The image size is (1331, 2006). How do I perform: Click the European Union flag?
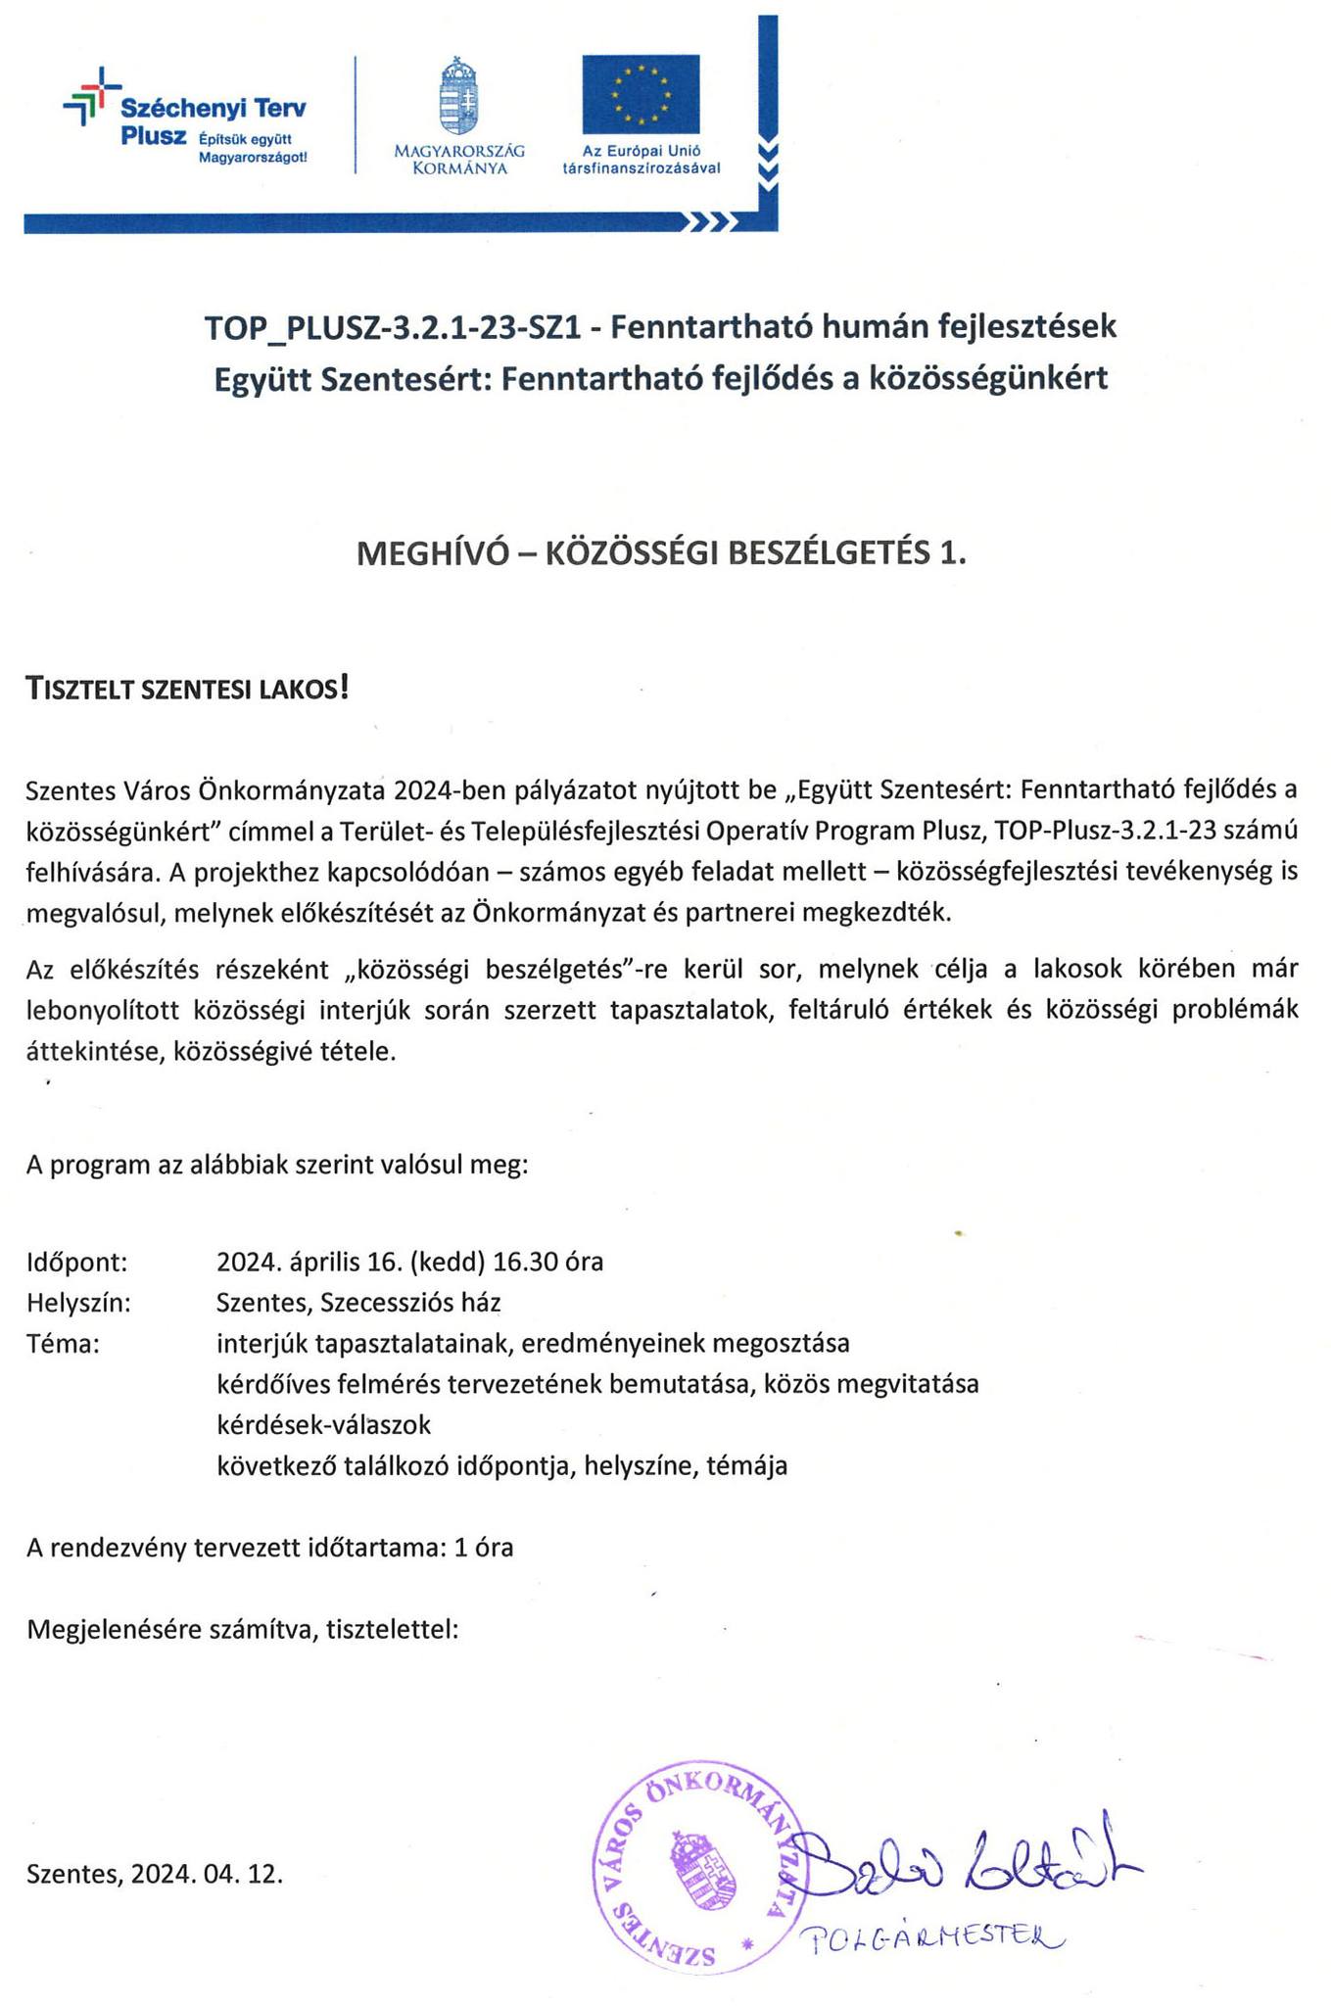pyautogui.click(x=641, y=94)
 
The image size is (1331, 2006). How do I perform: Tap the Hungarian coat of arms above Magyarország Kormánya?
pyautogui.click(x=459, y=96)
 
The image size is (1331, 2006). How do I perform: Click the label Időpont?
pyautogui.click(x=77, y=1263)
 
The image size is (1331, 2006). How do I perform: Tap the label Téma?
pyautogui.click(x=64, y=1344)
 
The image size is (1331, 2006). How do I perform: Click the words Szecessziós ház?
pyautogui.click(x=411, y=1303)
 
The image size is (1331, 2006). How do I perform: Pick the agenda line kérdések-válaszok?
pyautogui.click(x=323, y=1424)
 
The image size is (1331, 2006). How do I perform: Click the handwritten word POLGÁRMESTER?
pyautogui.click(x=931, y=1935)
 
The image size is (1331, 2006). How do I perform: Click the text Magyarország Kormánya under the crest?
pyautogui.click(x=459, y=160)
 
